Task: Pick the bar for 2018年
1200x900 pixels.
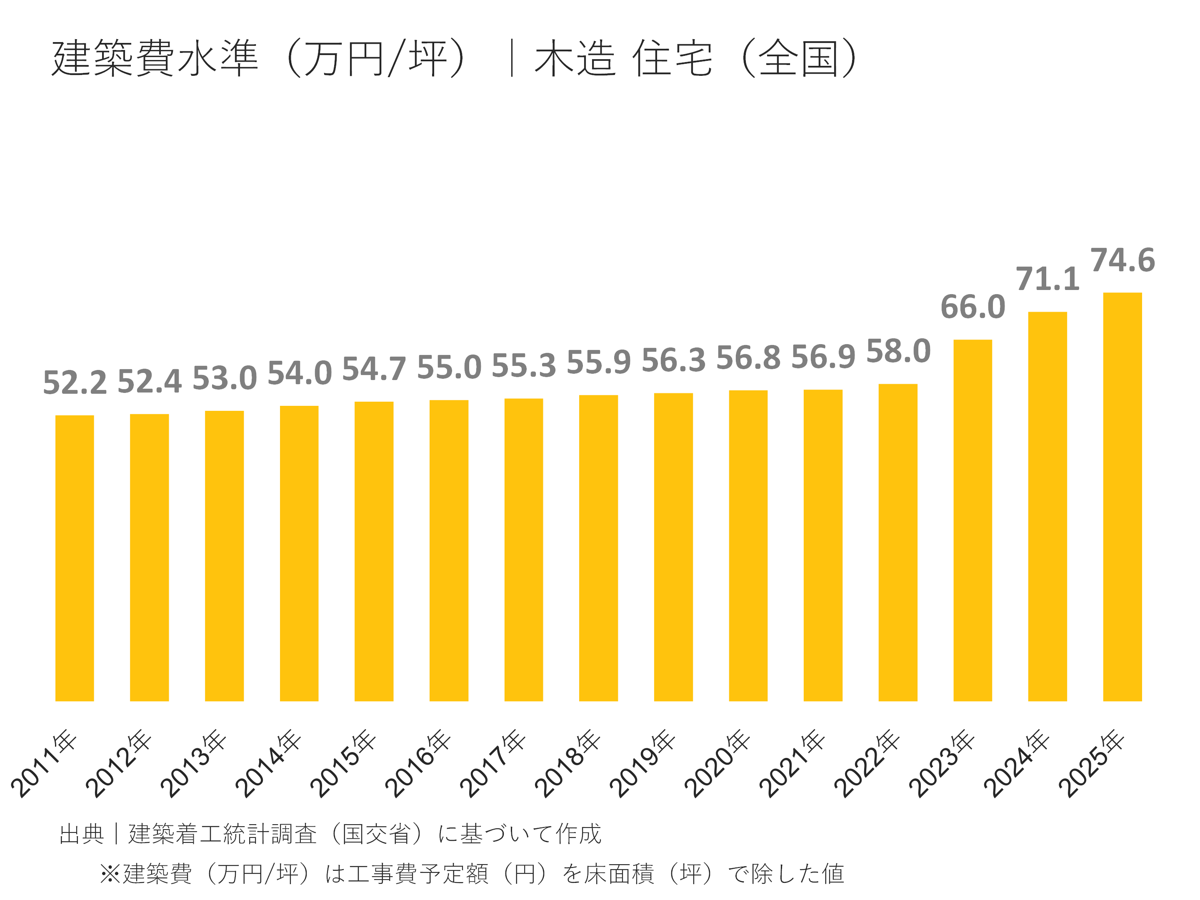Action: coord(598,548)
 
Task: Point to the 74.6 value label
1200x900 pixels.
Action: coord(1122,260)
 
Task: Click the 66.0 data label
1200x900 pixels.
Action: coord(972,307)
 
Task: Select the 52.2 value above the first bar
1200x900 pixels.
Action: coord(75,382)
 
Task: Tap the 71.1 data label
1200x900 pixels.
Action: coord(1047,280)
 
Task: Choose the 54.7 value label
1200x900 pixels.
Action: coord(374,369)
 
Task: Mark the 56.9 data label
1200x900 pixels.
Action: coord(823,357)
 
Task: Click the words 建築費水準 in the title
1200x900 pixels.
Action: coord(155,58)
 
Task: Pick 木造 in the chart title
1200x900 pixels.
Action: coord(575,58)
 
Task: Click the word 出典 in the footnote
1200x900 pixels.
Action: coord(81,834)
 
